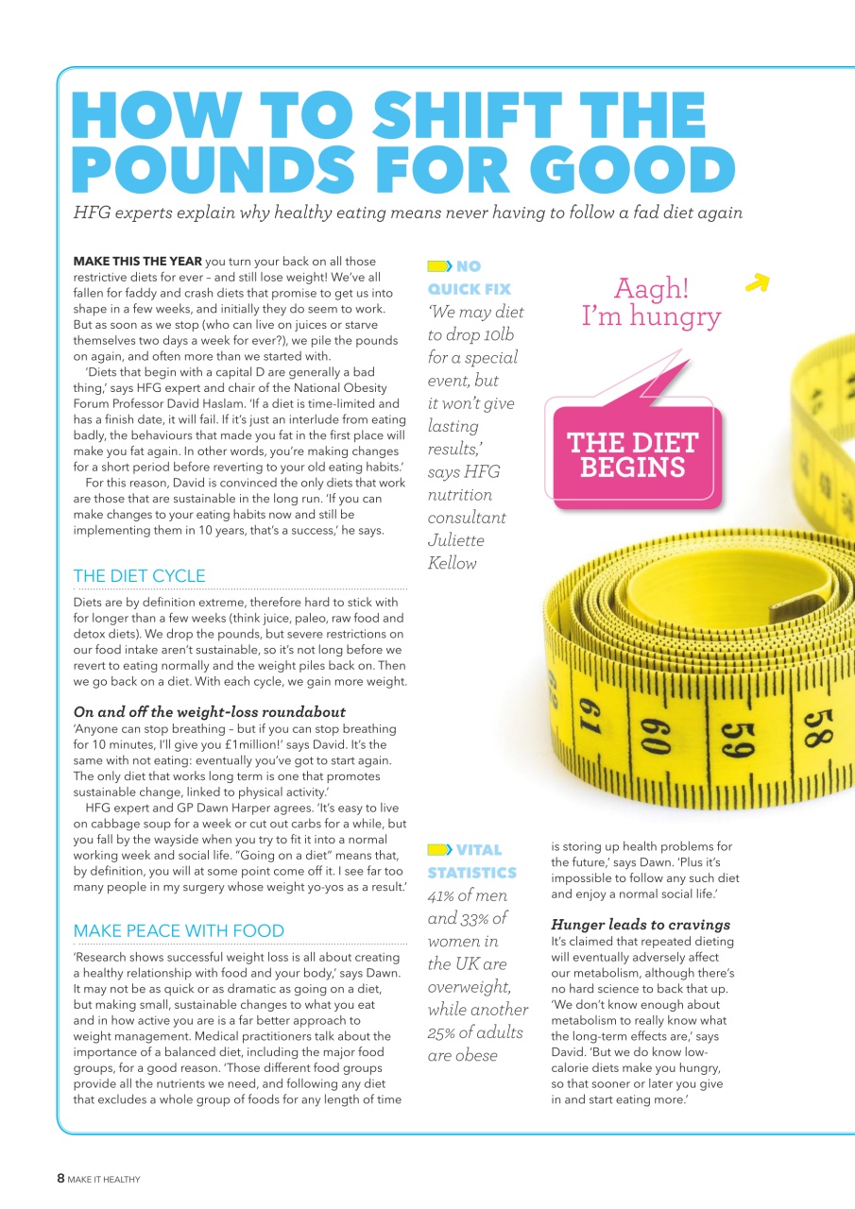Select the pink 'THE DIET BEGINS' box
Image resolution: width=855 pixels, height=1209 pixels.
coord(632,455)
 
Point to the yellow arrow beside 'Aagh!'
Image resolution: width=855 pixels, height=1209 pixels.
coord(758,282)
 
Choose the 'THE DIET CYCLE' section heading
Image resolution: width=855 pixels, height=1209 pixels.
coord(139,575)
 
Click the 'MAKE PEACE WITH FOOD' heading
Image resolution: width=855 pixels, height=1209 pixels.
coord(179,930)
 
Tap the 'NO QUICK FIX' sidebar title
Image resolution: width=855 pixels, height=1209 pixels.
coord(469,278)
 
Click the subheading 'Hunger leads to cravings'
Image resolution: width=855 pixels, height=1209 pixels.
coord(641,924)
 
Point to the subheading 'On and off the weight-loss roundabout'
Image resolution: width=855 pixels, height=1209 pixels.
coord(209,711)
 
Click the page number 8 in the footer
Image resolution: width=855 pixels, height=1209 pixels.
coord(60,1178)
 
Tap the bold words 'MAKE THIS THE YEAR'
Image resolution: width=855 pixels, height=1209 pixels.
coord(137,261)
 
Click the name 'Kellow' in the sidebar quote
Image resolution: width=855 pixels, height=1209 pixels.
coord(453,563)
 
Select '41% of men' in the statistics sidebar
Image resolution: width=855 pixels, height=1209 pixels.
coord(467,895)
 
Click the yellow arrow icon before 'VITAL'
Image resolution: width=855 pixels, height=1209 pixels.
coord(439,850)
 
